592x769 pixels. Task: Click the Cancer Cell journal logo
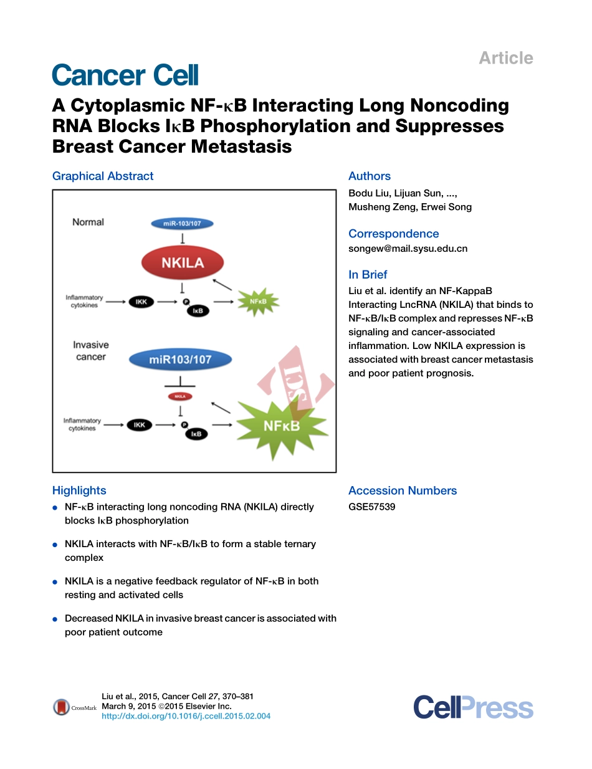pos(125,75)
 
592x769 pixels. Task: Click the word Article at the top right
pos(505,58)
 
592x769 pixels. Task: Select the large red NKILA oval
pos(183,262)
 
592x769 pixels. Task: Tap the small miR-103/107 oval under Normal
pos(182,223)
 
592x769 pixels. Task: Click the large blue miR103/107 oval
pos(179,360)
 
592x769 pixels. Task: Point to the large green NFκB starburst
pos(282,426)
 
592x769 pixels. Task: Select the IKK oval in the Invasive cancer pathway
pos(140,425)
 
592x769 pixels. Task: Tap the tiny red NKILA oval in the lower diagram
pos(179,396)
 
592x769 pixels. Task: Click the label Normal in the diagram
pos(88,222)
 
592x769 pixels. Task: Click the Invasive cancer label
pos(90,351)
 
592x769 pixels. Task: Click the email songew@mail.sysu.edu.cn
pos(408,248)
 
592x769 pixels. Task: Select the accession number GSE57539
pos(371,507)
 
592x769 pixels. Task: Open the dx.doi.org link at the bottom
pos(186,716)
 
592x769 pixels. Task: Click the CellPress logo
pos(473,708)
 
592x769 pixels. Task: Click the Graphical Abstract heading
pos(103,176)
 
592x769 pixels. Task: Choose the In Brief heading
pos(368,275)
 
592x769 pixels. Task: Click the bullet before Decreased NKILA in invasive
pos(55,619)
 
